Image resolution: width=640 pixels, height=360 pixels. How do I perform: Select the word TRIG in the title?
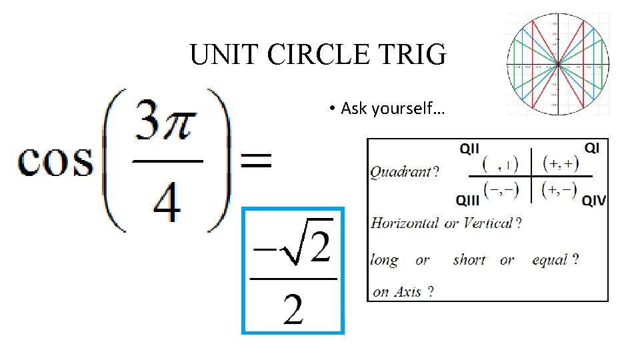click(414, 55)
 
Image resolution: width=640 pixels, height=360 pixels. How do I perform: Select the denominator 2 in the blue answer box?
click(293, 307)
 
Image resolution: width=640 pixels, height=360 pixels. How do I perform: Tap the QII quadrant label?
click(470, 148)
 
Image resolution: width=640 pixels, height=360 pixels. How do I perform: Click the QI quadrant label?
click(591, 147)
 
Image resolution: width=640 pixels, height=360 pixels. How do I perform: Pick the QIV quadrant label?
click(593, 199)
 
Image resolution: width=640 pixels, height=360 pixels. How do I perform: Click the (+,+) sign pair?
click(560, 162)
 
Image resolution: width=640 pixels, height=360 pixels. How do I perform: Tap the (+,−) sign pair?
click(560, 189)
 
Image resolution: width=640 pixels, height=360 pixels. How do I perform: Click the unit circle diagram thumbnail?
click(557, 65)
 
